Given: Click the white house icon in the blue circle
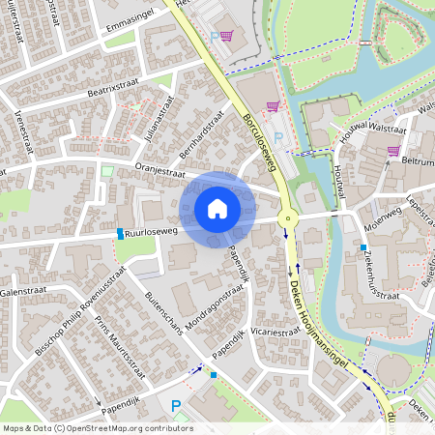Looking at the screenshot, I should (x=217, y=209).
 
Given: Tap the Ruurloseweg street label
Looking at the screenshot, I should (x=156, y=231).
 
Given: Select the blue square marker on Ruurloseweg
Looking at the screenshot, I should (x=121, y=234).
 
